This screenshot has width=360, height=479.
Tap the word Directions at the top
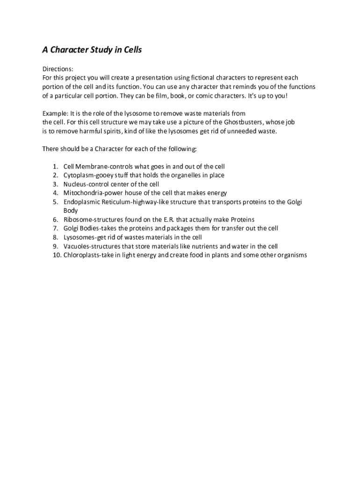coord(58,69)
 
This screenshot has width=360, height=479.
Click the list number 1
coord(55,167)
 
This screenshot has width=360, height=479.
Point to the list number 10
coord(56,255)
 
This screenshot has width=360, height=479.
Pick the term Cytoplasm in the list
coord(79,175)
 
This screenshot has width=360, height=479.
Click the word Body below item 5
coord(71,211)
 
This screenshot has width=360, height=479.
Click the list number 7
coord(55,229)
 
